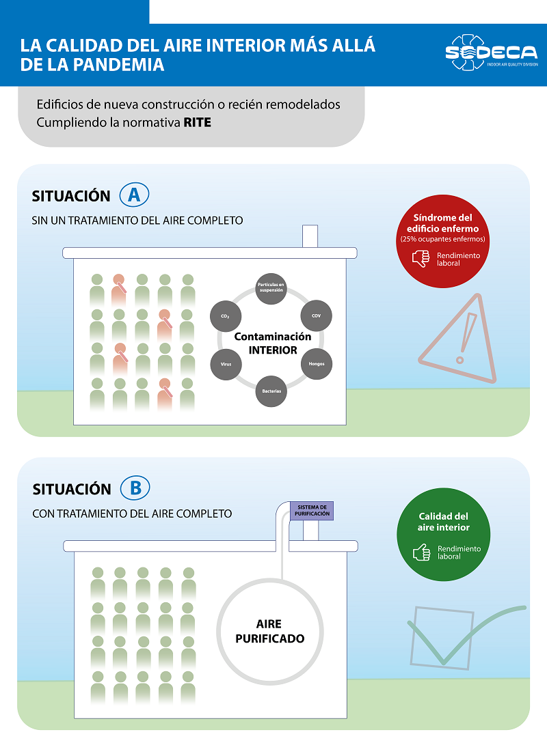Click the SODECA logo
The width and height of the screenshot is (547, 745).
tap(491, 52)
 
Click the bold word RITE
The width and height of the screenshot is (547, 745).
tap(198, 123)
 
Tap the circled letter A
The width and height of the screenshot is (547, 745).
tap(134, 195)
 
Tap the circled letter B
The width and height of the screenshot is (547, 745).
tap(135, 488)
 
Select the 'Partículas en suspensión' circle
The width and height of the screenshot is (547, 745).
tap(271, 285)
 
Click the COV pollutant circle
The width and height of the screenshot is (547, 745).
tap(316, 315)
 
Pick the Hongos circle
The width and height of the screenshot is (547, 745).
tap(316, 363)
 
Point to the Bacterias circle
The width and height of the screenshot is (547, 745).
tap(271, 392)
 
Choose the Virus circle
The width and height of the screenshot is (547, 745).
tap(225, 363)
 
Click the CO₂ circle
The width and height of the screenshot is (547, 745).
tap(225, 315)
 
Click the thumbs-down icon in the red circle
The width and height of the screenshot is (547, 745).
tap(421, 259)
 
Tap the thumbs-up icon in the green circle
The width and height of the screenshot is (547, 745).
tap(421, 552)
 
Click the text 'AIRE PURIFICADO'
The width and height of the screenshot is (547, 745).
tap(269, 632)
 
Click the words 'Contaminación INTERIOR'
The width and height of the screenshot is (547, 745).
tap(272, 343)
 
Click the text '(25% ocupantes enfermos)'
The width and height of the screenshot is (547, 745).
tap(442, 239)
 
